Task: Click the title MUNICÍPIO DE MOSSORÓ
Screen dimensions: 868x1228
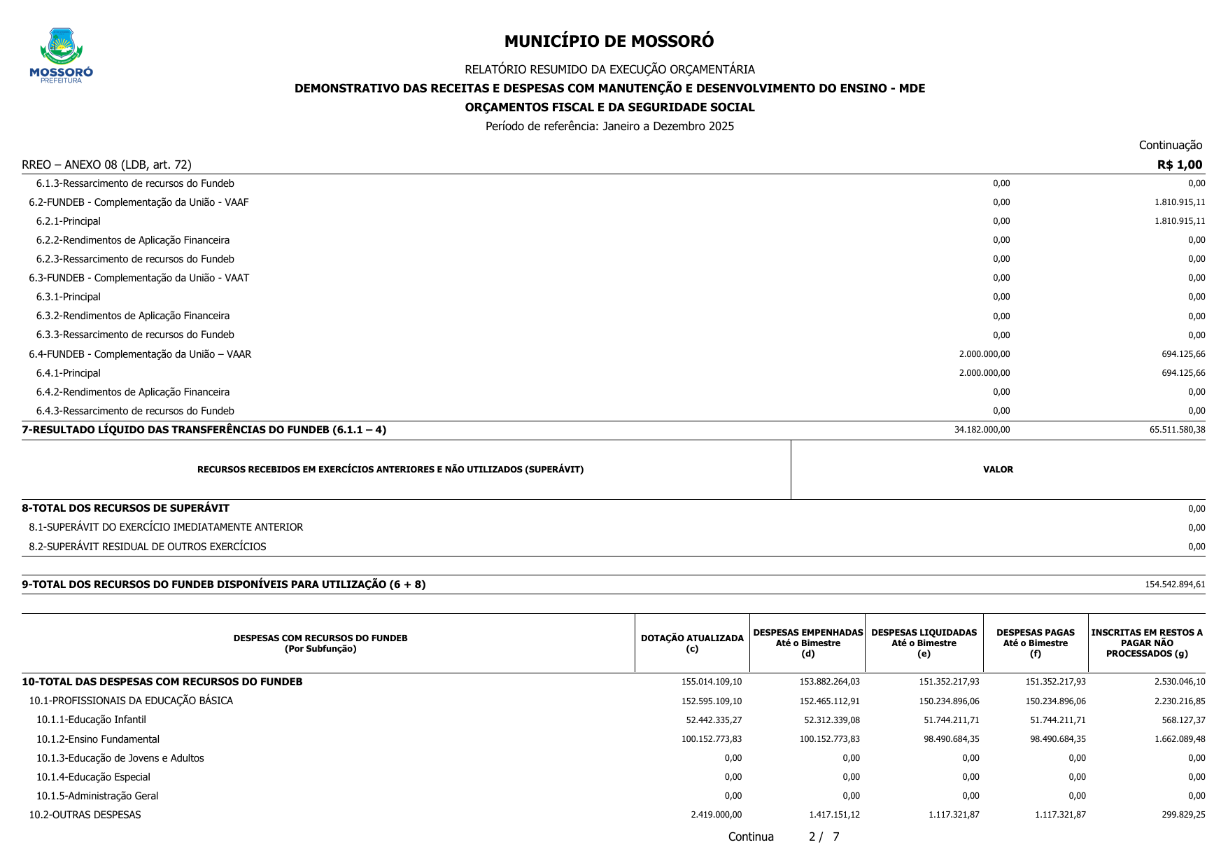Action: pos(609,41)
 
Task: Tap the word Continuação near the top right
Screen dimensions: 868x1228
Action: pos(1170,146)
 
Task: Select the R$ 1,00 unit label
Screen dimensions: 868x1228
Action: pos(1179,165)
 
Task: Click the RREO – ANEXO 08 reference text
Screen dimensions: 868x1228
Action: pos(106,165)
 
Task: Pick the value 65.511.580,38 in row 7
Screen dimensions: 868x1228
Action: pos(1177,430)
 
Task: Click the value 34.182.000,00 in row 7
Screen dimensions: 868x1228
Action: pos(982,430)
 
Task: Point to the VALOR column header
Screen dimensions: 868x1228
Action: pos(998,470)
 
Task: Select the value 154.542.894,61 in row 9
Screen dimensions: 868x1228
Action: pos(1175,584)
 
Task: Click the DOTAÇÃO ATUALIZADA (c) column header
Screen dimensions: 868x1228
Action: pos(692,643)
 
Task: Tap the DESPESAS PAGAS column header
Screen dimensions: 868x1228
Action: pos(1035,643)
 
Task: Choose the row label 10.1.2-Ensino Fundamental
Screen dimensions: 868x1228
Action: pos(98,739)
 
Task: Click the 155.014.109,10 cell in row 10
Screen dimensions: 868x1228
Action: pos(712,682)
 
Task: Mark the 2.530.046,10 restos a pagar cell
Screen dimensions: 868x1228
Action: pos(1180,682)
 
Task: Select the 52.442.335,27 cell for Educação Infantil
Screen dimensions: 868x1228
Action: pos(714,720)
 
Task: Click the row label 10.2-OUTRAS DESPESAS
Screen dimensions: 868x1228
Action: pos(85,815)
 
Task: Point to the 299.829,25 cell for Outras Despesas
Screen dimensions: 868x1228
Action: pos(1183,815)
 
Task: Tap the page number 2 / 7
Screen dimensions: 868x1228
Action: pos(824,837)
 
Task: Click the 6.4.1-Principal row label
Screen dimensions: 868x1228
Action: pos(69,373)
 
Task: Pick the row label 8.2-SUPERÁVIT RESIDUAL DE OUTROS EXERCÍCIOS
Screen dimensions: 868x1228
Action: pos(148,547)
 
